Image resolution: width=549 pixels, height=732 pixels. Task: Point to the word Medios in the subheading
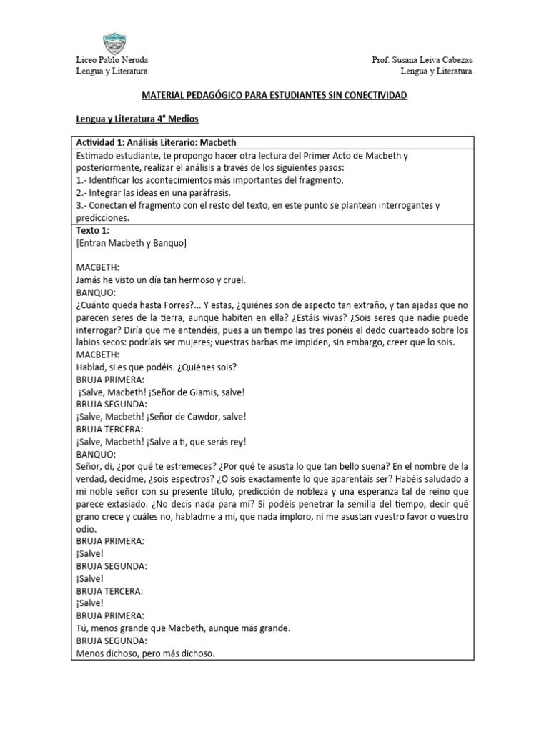181,119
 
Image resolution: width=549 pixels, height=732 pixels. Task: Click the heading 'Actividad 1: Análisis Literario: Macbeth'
155,142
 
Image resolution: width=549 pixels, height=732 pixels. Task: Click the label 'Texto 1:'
93,232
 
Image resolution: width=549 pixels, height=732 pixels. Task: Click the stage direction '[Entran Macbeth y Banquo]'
131,244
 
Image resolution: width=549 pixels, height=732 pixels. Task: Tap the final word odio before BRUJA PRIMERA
86,529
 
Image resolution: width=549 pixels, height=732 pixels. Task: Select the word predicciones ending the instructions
102,218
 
